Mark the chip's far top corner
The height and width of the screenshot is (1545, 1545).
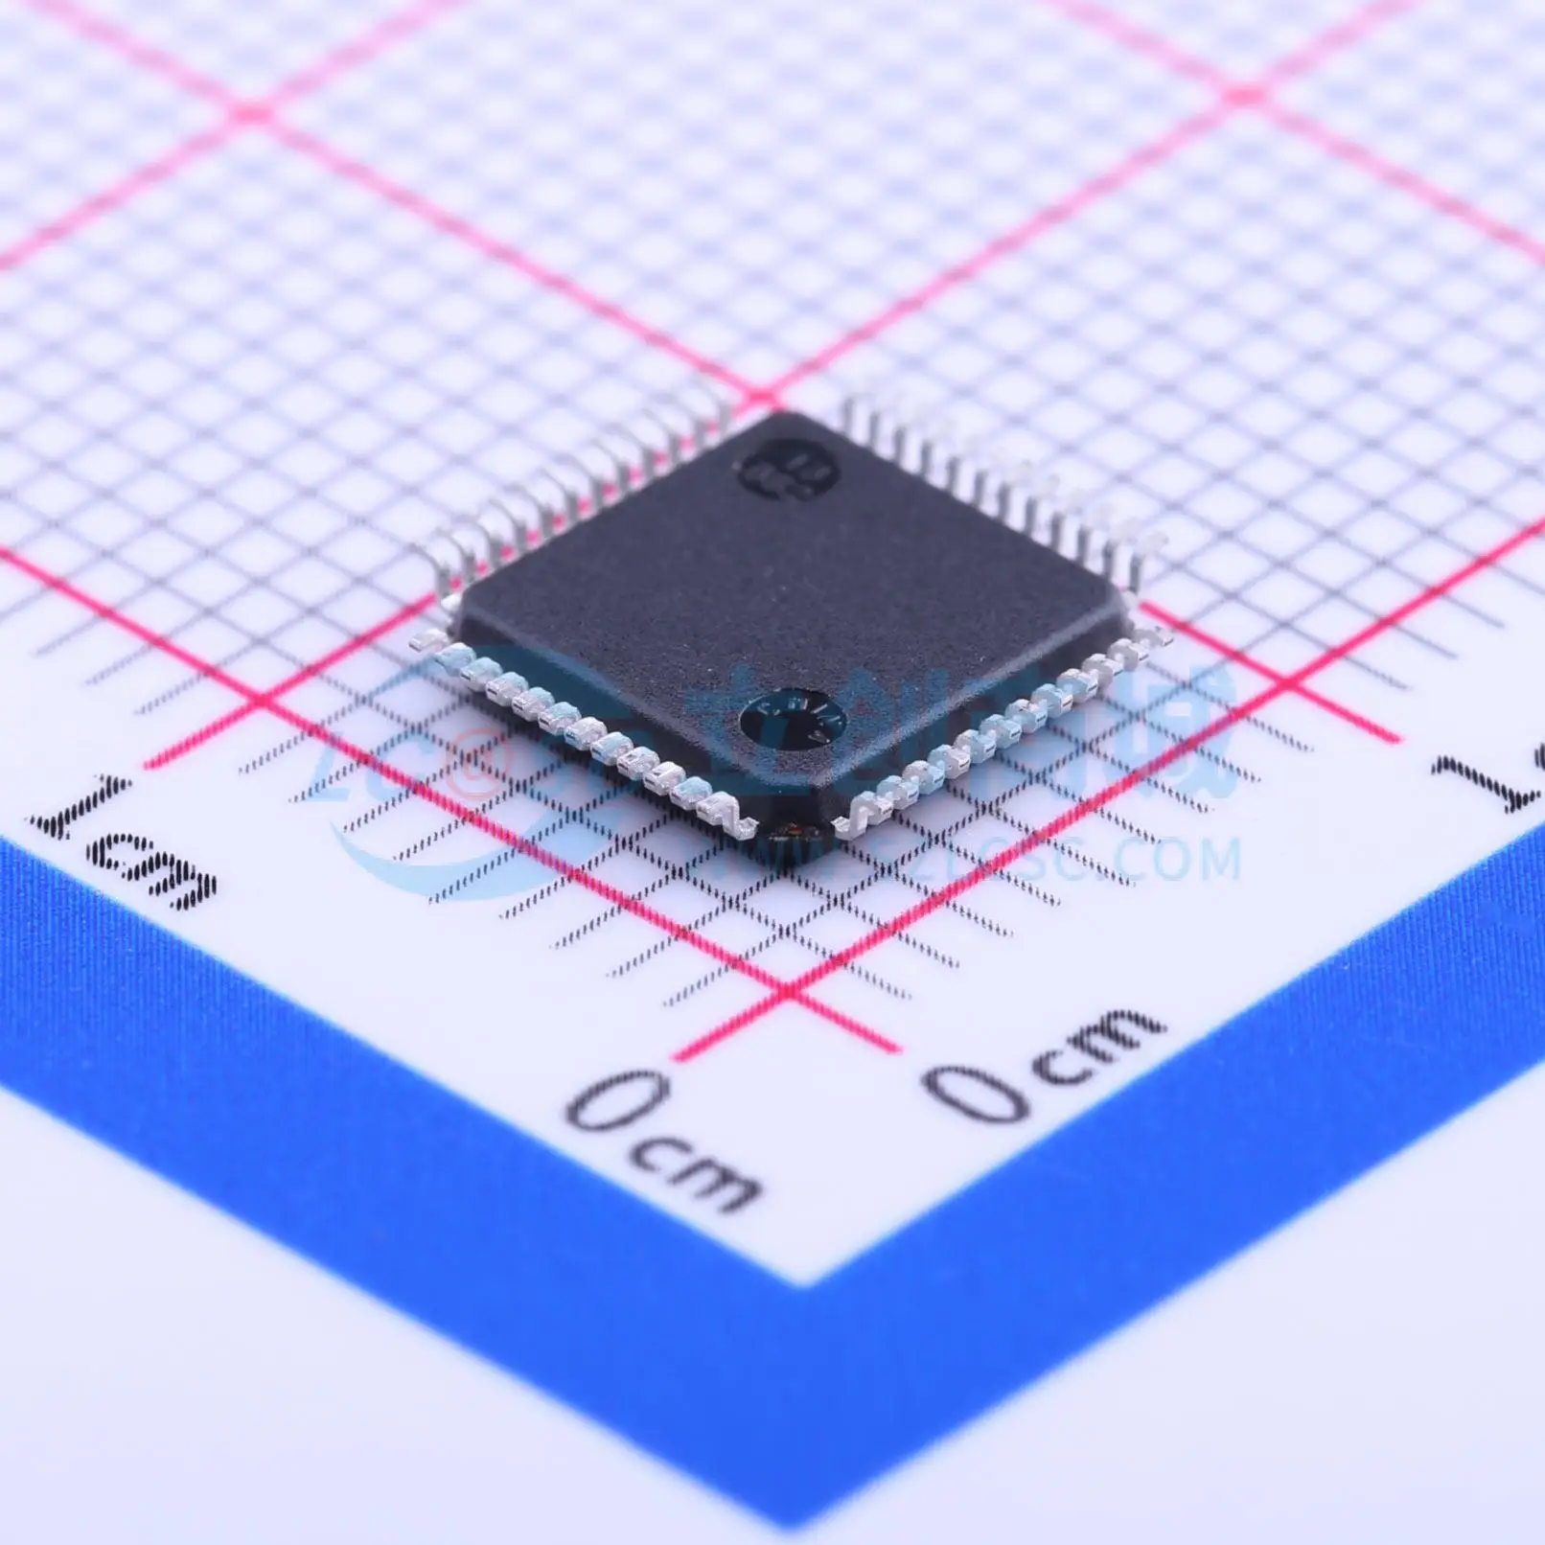tap(778, 414)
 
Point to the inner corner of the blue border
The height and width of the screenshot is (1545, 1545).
tap(801, 1282)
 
